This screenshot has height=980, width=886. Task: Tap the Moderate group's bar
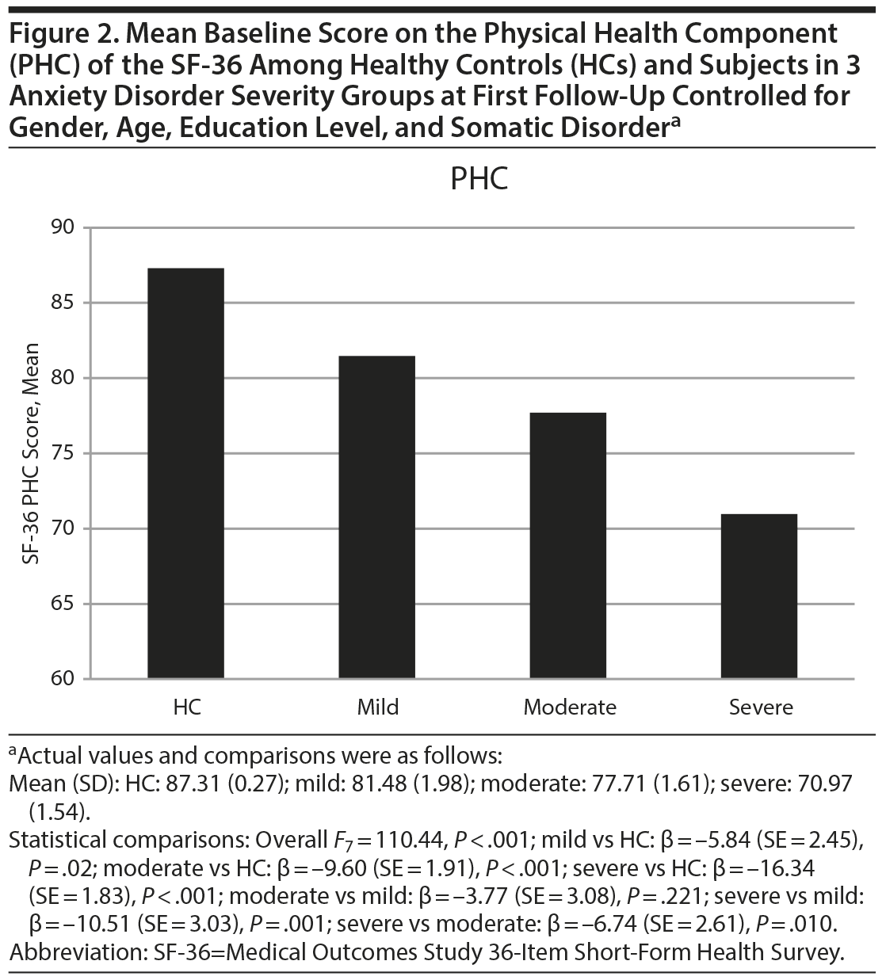(x=569, y=546)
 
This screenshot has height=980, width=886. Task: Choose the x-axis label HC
(x=187, y=707)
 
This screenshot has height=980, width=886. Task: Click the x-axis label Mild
(x=378, y=707)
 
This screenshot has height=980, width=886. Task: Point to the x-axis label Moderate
(x=569, y=707)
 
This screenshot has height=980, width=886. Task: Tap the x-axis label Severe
(x=761, y=707)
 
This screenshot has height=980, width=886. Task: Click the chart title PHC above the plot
(x=479, y=179)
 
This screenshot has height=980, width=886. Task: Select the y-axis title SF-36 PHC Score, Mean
(x=32, y=453)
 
